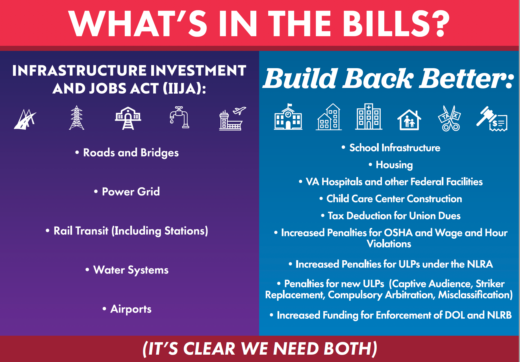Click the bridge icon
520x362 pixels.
click(25, 119)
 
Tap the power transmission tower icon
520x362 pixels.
click(77, 117)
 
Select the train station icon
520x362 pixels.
click(128, 118)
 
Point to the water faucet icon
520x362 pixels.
click(179, 117)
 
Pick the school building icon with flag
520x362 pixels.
click(288, 117)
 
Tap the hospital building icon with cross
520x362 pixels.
click(369, 117)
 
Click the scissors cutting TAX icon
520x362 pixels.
click(450, 118)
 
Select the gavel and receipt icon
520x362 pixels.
click(492, 119)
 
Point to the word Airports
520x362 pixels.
click(131, 309)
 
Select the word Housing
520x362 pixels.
click(394, 165)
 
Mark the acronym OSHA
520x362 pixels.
click(398, 233)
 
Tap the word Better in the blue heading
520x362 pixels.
click(466, 78)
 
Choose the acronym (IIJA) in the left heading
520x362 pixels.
click(184, 89)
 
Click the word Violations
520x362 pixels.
click(389, 244)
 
